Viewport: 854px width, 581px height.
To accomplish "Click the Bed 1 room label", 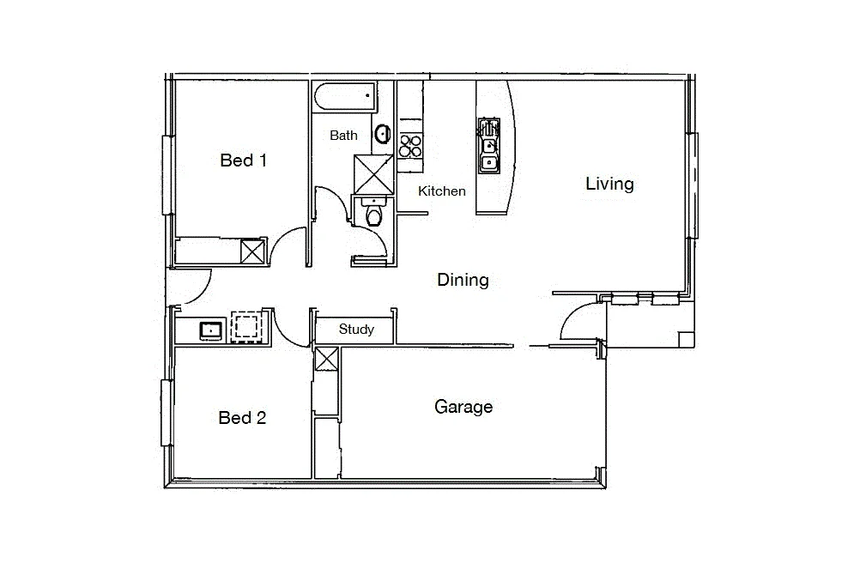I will [x=244, y=160].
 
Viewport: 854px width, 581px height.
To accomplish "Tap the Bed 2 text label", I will [x=242, y=418].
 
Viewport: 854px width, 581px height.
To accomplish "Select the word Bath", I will [x=343, y=136].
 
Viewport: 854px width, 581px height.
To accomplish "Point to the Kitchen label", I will [x=442, y=191].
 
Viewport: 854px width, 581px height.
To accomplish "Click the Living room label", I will [x=609, y=184].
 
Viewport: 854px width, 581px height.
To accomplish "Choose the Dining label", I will [x=463, y=280].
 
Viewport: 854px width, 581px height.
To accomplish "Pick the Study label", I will [x=356, y=330].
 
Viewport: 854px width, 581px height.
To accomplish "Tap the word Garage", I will [x=463, y=407].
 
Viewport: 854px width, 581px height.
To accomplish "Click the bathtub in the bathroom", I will [x=345, y=97].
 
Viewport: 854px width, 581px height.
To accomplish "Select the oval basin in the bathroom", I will [x=382, y=134].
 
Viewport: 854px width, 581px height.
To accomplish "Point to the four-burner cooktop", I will [x=410, y=144].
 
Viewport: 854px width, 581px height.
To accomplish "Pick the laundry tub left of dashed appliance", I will [x=210, y=329].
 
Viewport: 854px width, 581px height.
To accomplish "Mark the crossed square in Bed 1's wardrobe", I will [x=253, y=252].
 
